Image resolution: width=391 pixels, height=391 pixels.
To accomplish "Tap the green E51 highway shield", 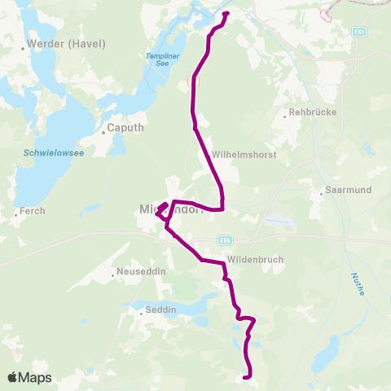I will point(358,33).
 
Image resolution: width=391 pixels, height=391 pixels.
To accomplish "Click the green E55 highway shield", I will point(226,240).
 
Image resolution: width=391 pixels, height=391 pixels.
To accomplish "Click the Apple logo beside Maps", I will point(13,377).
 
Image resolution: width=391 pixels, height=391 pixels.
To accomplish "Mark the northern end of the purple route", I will point(226,14).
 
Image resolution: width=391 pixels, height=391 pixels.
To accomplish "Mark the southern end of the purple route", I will point(248,376).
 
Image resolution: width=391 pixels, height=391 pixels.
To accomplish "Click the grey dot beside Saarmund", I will point(322,194).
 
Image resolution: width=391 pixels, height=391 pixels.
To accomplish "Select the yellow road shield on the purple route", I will point(192,81).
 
